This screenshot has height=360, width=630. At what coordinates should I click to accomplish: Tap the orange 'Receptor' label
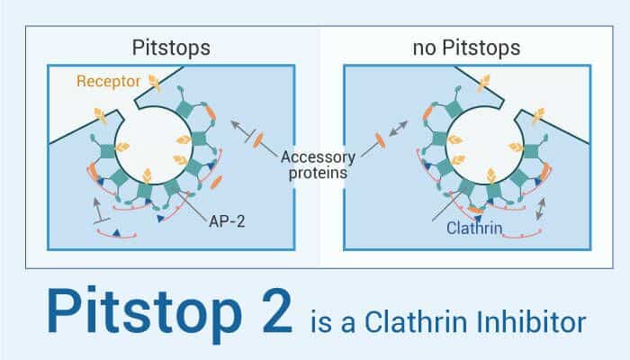107,82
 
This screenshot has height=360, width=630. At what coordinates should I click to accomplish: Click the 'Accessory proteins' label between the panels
312,165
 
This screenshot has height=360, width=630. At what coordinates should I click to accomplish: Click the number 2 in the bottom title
267,315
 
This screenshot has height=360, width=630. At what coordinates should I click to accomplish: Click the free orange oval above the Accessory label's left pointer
259,140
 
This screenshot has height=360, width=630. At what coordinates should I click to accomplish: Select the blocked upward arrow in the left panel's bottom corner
100,210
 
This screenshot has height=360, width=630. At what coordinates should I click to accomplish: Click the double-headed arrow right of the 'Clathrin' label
543,210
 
